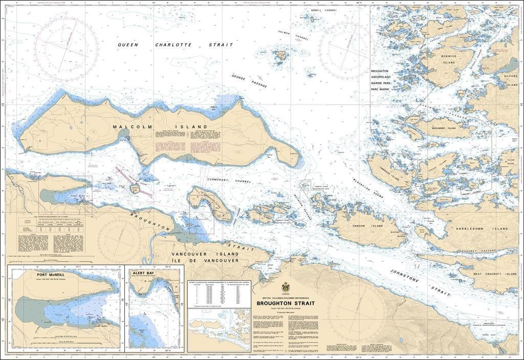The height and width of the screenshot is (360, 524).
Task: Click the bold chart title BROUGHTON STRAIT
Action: click(282, 303)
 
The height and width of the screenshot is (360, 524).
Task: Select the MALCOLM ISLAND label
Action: click(160, 126)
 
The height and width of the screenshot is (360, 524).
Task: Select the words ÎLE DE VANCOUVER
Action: click(213, 260)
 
